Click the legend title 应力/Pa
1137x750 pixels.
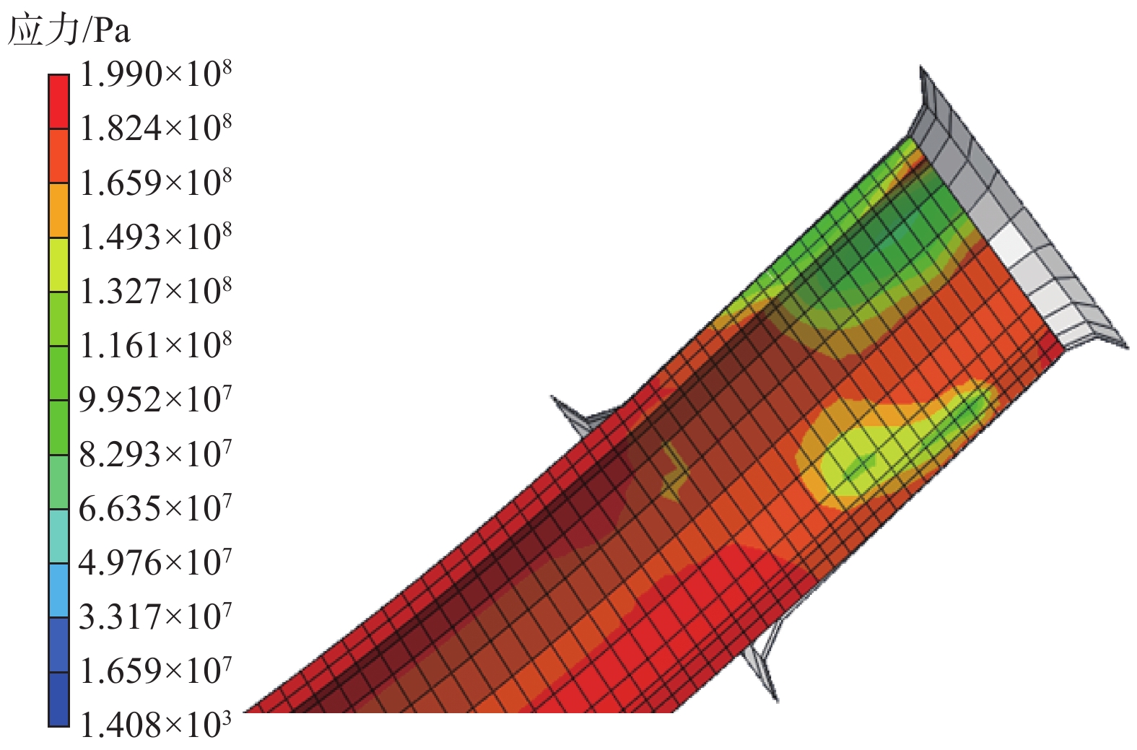(x=69, y=30)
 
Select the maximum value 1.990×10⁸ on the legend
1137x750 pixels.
(x=155, y=74)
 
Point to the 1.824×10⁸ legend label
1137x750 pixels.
(x=155, y=128)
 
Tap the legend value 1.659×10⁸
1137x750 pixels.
(x=155, y=183)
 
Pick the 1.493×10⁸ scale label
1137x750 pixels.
(x=155, y=237)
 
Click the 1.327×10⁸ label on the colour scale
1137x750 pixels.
(x=155, y=292)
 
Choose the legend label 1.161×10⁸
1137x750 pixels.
(x=155, y=346)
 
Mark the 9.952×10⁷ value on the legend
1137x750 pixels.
(x=155, y=400)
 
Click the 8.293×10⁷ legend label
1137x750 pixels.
(x=155, y=454)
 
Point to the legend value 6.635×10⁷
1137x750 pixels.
(x=155, y=508)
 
